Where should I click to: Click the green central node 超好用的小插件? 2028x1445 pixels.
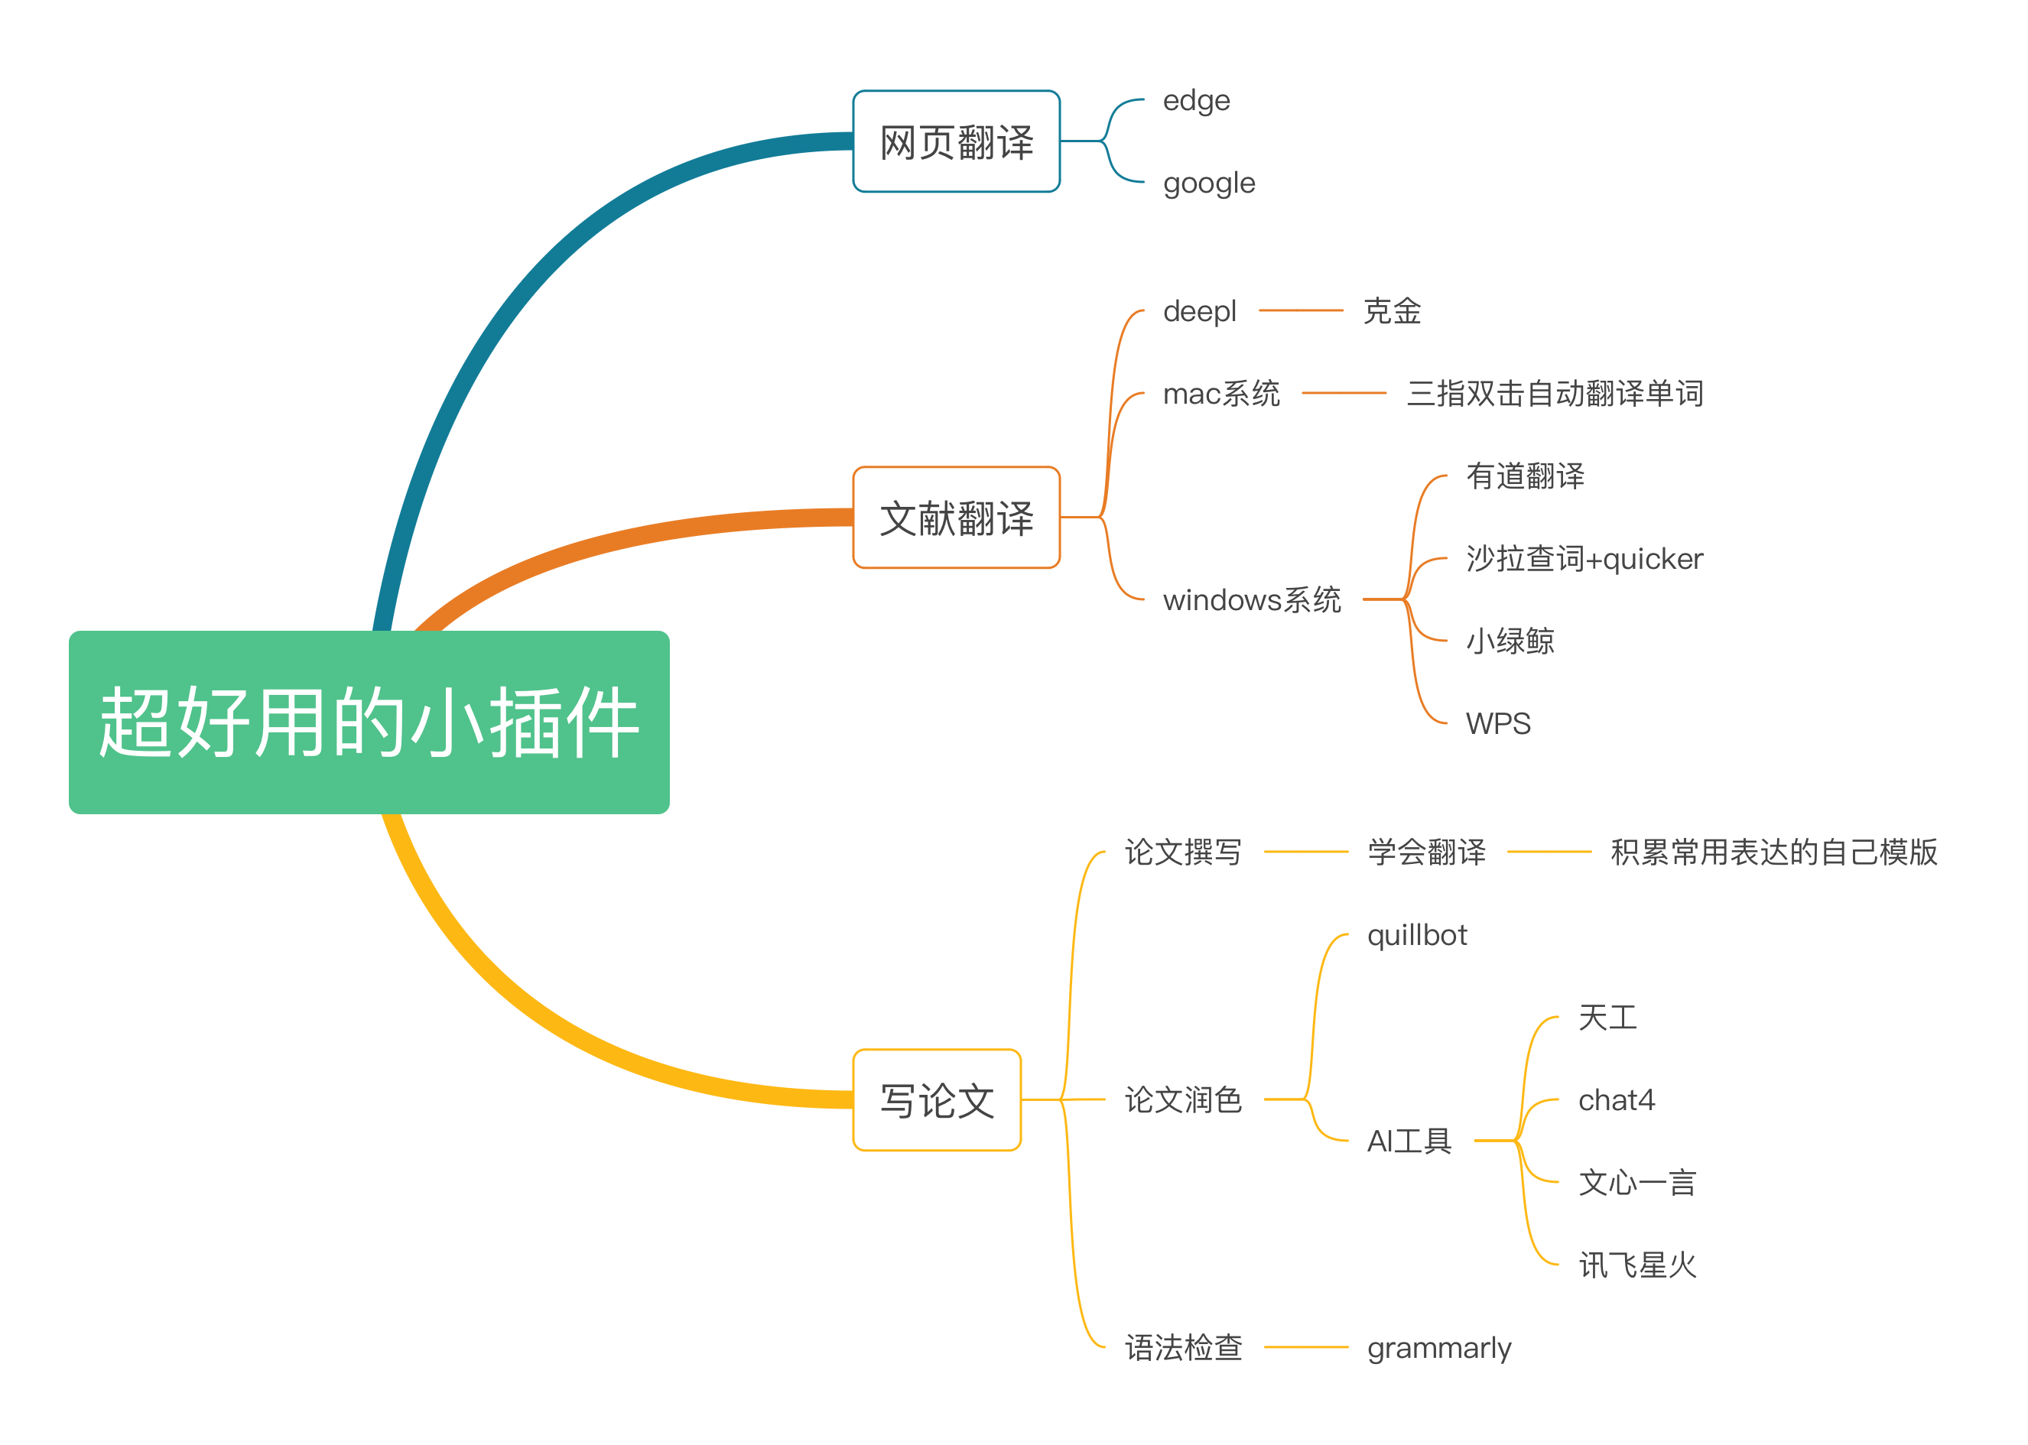tap(369, 722)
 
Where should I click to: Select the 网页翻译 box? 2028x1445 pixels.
tap(956, 141)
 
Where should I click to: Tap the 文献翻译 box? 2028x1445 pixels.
tap(956, 517)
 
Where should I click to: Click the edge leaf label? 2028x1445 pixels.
tap(1196, 101)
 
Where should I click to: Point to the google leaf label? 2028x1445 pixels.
tap(1208, 183)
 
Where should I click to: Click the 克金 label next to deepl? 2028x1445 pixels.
tap(1392, 311)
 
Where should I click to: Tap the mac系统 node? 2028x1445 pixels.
tap(1221, 393)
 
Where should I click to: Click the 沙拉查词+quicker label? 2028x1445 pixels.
tap(1584, 559)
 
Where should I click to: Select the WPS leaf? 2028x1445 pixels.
tap(1497, 723)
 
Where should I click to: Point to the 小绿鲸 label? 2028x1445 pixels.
tap(1510, 641)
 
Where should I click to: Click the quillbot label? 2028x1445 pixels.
tap(1417, 935)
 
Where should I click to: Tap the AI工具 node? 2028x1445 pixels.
tap(1409, 1141)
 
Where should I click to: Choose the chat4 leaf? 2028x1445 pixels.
tap(1616, 1101)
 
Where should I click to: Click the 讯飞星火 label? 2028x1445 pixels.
tap(1637, 1265)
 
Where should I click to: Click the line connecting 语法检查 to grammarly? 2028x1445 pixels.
tap(1305, 1347)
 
